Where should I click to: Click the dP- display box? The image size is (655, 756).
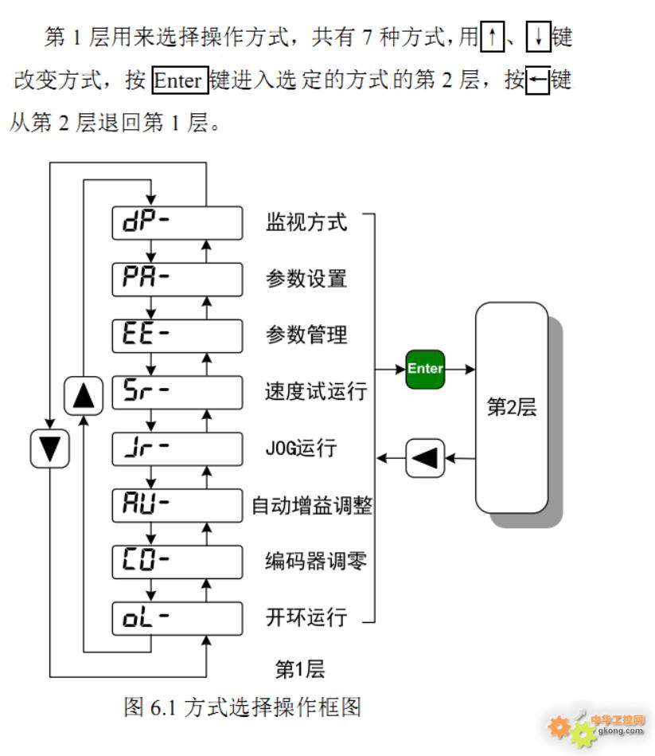pyautogui.click(x=177, y=222)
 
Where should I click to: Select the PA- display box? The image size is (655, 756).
pyautogui.click(x=177, y=279)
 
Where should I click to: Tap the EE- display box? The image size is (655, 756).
pyautogui.click(x=177, y=335)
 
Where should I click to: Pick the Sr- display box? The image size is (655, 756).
pyautogui.click(x=177, y=392)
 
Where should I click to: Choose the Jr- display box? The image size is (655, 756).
pyautogui.click(x=177, y=449)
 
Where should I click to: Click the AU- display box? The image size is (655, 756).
pyautogui.click(x=177, y=505)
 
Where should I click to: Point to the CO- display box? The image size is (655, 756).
pyautogui.click(x=177, y=562)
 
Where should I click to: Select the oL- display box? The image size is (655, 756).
pyautogui.click(x=177, y=618)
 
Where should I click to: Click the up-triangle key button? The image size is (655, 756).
pyautogui.click(x=84, y=395)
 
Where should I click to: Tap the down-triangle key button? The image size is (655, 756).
pyautogui.click(x=49, y=449)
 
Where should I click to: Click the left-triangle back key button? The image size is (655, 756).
pyautogui.click(x=425, y=458)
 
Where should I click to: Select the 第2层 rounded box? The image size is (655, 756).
pyautogui.click(x=512, y=408)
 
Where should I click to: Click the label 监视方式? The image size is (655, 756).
pyautogui.click(x=306, y=222)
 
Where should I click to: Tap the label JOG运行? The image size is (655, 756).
pyautogui.click(x=300, y=449)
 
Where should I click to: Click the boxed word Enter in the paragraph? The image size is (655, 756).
pyautogui.click(x=180, y=80)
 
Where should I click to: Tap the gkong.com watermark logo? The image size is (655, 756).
pyautogui.click(x=597, y=727)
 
